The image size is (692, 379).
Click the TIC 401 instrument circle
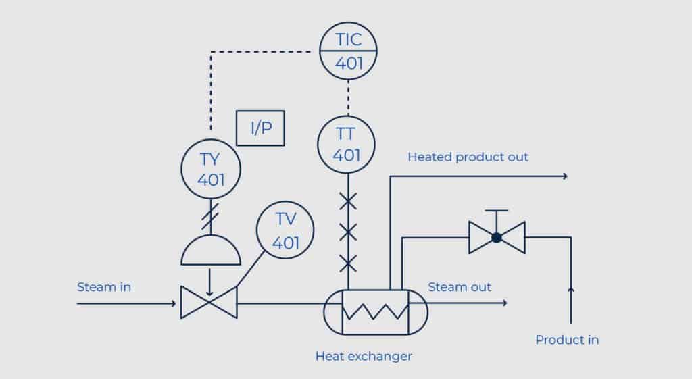click(x=348, y=51)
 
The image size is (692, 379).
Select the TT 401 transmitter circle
click(x=347, y=144)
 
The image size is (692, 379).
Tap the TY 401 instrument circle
click(x=211, y=170)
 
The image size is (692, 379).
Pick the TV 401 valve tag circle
click(x=286, y=230)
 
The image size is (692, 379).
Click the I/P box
click(x=260, y=128)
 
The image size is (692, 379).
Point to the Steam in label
click(x=104, y=287)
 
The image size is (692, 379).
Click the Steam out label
click(x=460, y=287)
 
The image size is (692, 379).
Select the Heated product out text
click(x=468, y=157)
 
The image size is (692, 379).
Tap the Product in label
click(x=567, y=340)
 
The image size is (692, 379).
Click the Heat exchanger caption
click(x=364, y=356)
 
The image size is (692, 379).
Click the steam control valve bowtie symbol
click(x=209, y=303)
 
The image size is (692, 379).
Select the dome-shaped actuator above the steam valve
click(x=210, y=252)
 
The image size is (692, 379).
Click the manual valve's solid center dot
click(x=497, y=238)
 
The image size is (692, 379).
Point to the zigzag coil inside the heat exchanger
click(x=375, y=311)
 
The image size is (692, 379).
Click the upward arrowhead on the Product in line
click(x=571, y=290)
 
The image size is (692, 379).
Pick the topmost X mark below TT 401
click(x=347, y=201)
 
